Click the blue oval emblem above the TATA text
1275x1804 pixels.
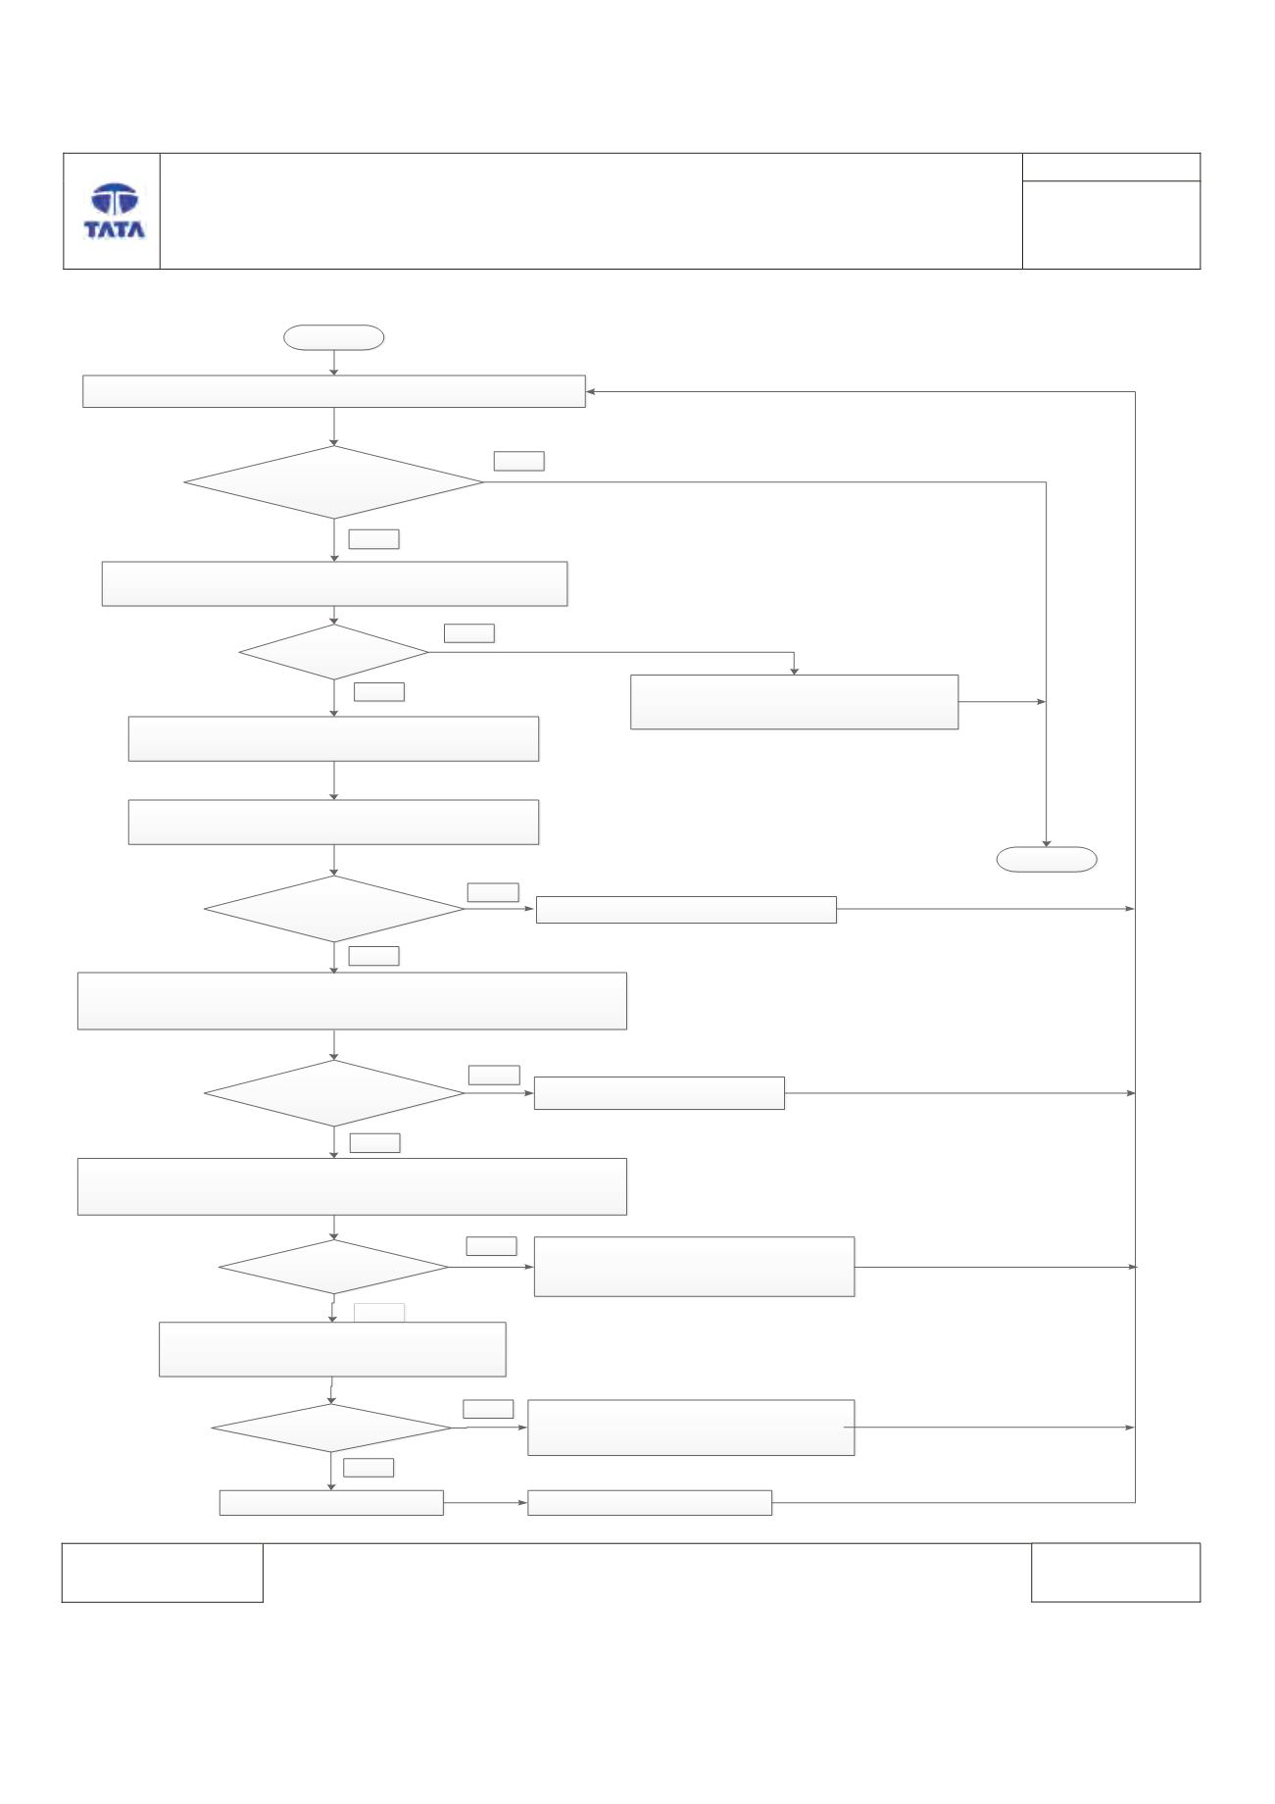click(x=115, y=200)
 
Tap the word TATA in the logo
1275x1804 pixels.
click(x=115, y=229)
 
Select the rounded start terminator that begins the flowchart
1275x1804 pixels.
click(x=333, y=337)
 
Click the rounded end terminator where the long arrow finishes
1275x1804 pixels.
click(x=1047, y=859)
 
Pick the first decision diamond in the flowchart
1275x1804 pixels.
click(x=334, y=482)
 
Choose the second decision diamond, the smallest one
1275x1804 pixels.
click(x=334, y=652)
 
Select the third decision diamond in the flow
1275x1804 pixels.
click(x=334, y=909)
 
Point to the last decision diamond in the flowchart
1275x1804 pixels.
click(x=332, y=1428)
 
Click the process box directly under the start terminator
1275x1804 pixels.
click(x=334, y=391)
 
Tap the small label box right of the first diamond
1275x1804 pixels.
click(x=519, y=461)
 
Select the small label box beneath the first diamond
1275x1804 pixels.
click(x=373, y=538)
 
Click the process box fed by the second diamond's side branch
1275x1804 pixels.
click(x=794, y=702)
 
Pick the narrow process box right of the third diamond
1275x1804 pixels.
click(x=686, y=910)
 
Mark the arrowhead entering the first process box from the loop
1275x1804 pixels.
click(x=591, y=392)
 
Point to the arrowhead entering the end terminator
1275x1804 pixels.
click(x=1047, y=841)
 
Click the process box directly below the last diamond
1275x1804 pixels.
click(x=331, y=1503)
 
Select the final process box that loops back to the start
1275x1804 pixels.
click(x=650, y=1503)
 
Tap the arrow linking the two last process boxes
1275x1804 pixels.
click(x=486, y=1503)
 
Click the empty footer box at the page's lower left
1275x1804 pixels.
click(x=163, y=1573)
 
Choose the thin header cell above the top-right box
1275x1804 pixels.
click(x=1111, y=167)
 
